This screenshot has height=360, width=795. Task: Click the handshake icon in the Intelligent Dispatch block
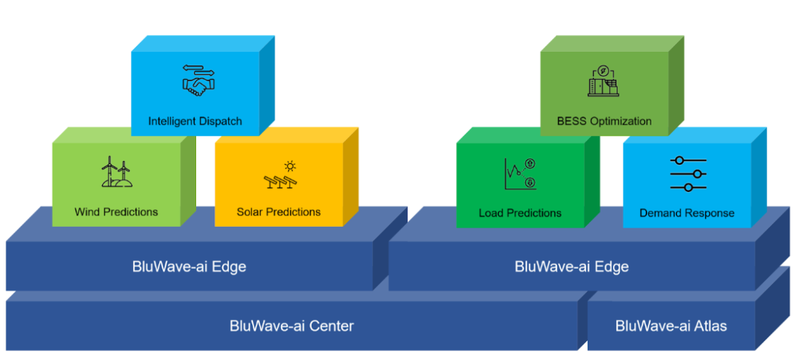(x=200, y=85)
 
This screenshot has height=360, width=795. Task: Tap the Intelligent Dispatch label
(x=195, y=121)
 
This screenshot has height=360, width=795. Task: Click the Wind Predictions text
(x=116, y=212)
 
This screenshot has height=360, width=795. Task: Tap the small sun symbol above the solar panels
(x=290, y=166)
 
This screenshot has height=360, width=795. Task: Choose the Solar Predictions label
(x=278, y=212)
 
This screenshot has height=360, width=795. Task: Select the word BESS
(x=572, y=121)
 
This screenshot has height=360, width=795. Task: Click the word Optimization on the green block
(x=621, y=121)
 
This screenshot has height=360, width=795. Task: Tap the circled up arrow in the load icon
(x=530, y=164)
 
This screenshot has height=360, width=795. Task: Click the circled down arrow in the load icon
(x=530, y=183)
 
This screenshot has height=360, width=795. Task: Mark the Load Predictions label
(x=520, y=213)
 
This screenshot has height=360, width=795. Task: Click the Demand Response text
(x=686, y=213)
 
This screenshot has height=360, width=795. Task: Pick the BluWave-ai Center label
(x=291, y=326)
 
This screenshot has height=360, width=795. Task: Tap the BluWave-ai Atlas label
(x=670, y=326)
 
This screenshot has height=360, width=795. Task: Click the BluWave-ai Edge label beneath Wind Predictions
(x=189, y=266)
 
